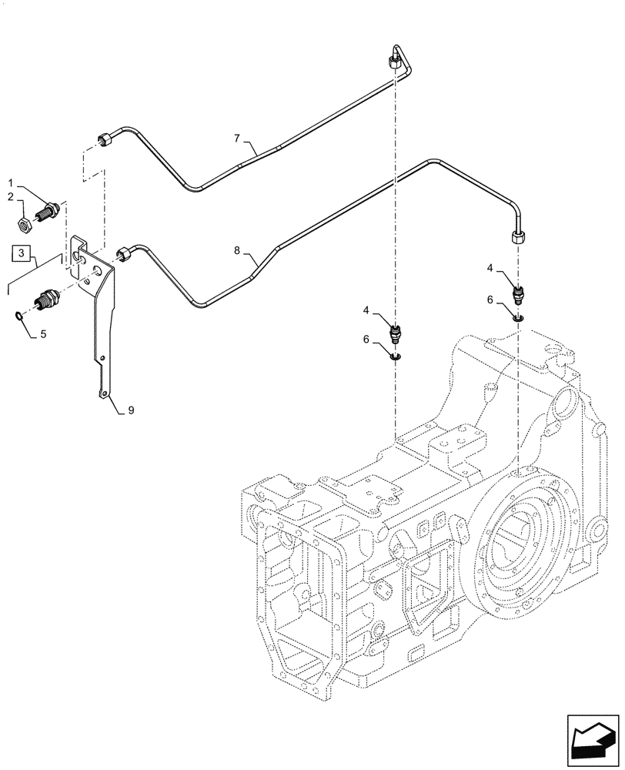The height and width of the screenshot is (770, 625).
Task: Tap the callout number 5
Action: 43,334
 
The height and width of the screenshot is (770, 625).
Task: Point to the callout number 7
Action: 238,139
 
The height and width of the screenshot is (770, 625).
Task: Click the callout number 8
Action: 238,251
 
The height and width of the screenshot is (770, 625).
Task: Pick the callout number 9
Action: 131,410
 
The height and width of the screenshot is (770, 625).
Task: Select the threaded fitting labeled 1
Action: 51,209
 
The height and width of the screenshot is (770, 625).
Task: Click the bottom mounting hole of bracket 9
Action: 103,394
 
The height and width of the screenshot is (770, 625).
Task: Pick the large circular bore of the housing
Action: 523,547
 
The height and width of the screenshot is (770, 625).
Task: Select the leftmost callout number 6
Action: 368,339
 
